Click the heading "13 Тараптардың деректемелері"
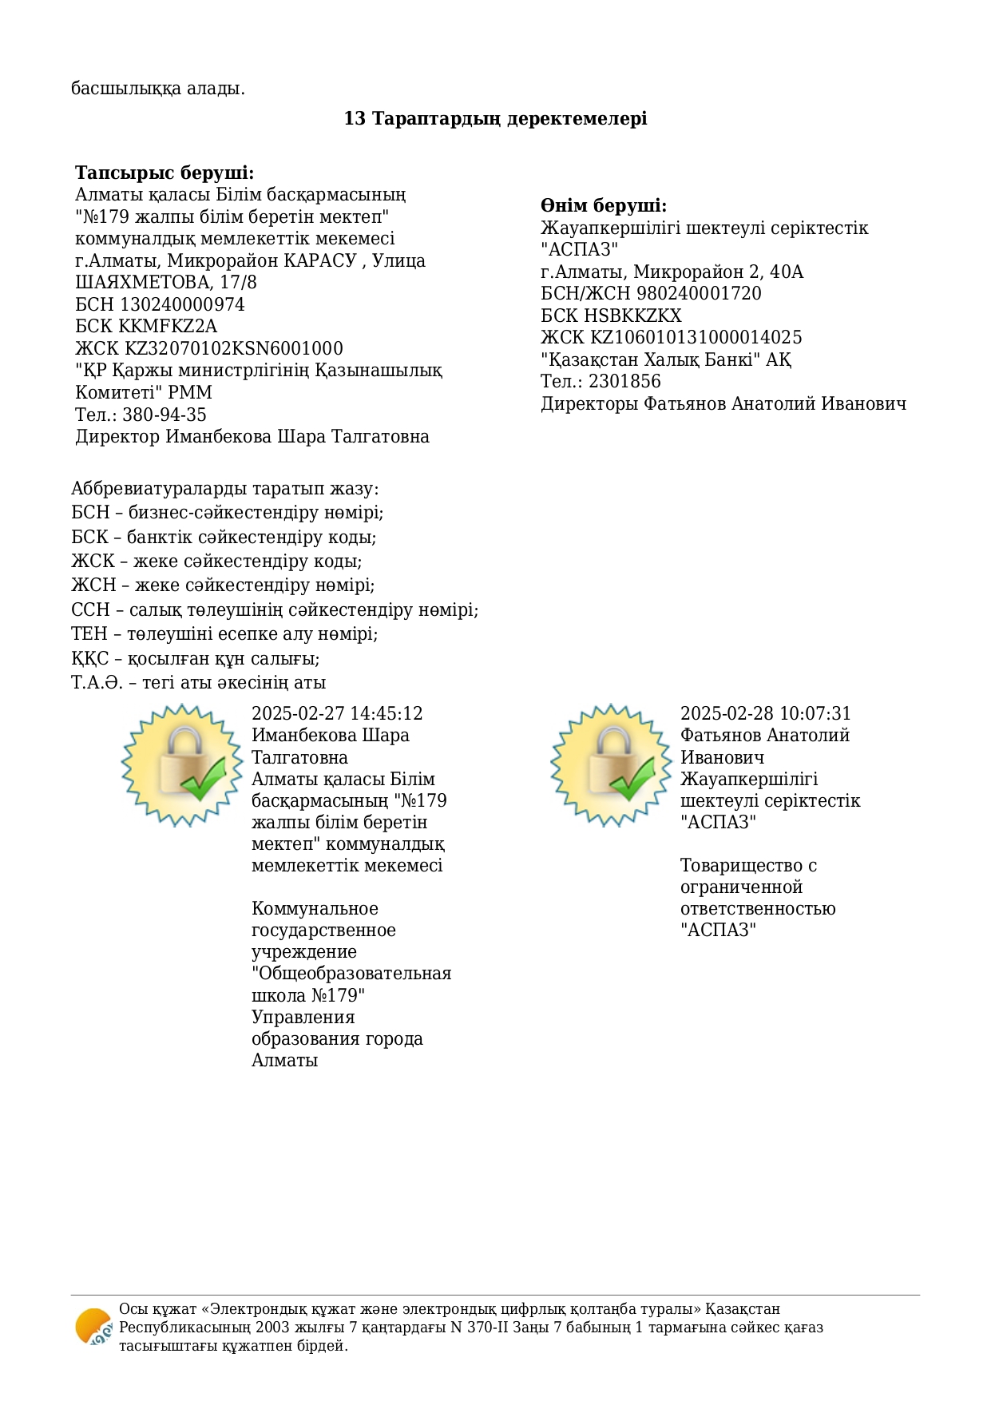(495, 119)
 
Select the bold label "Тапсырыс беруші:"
(165, 173)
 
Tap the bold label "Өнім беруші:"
(604, 206)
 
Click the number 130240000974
(182, 305)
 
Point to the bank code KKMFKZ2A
(168, 327)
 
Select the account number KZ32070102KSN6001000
(234, 349)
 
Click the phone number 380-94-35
(164, 415)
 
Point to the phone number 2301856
(624, 382)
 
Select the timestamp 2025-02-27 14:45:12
(337, 714)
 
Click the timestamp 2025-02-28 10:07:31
(766, 714)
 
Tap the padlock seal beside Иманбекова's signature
(182, 765)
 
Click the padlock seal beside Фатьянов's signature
(612, 765)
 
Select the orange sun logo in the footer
(93, 1328)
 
